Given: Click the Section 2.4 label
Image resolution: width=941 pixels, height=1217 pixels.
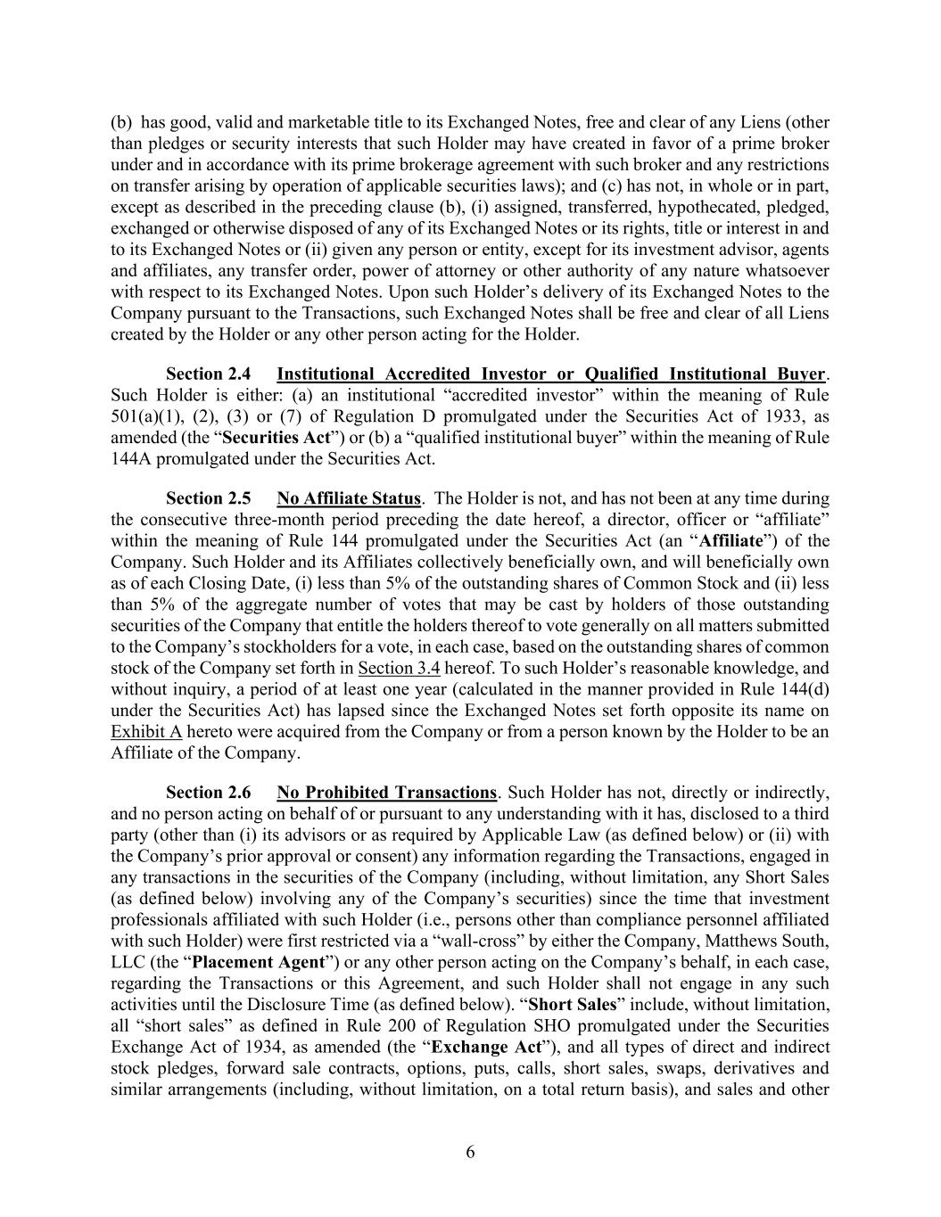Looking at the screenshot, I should tap(209, 374).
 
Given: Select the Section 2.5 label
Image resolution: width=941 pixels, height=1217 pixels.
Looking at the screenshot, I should tap(209, 498).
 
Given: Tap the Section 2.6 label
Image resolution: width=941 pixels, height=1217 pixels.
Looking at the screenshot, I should tap(209, 793).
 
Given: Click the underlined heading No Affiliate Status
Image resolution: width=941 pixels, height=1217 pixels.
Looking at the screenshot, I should tap(349, 498).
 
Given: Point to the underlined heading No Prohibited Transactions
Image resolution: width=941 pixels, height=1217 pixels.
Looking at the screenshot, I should tap(386, 793).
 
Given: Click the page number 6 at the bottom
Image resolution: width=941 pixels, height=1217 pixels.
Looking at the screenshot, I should tap(470, 1152).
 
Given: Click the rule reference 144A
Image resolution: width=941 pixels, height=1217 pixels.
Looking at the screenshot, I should tap(131, 459).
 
